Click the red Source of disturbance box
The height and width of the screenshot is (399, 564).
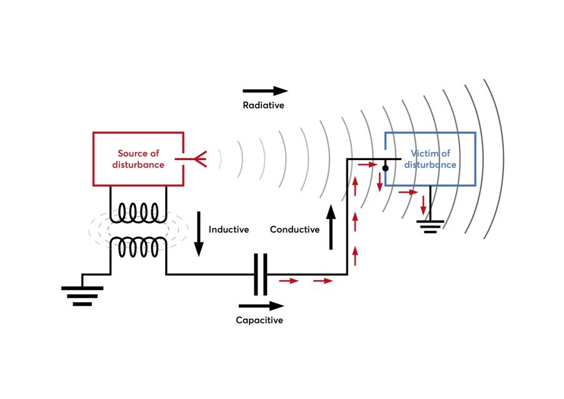(138, 159)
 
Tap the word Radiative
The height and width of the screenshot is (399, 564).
(263, 105)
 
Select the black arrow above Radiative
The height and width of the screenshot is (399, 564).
(265, 91)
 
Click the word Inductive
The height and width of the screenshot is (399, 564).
(229, 230)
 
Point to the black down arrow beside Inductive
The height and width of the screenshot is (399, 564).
(199, 234)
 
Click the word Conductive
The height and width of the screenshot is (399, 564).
(295, 230)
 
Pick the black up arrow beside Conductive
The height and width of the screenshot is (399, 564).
(331, 228)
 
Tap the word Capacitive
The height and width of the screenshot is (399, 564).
(259, 320)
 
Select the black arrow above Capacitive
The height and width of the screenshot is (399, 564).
(261, 306)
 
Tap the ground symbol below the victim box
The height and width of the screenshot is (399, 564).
(430, 226)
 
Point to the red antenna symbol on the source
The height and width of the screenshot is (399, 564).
(198, 159)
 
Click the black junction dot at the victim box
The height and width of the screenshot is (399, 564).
(386, 168)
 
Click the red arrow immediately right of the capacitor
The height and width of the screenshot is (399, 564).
(289, 281)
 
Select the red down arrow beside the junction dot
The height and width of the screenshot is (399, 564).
(380, 182)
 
